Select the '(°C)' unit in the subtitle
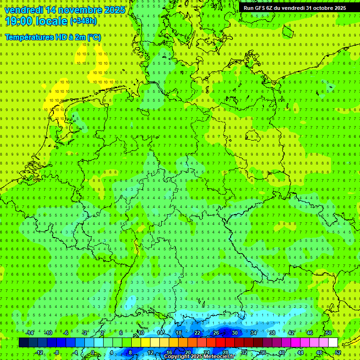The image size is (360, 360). pos(94,37)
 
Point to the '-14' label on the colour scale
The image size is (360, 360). pos(30,333)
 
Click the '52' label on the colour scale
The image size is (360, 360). pos(337,352)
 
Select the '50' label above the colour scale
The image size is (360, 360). pos(328,333)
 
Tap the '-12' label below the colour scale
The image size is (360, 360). pos(39,352)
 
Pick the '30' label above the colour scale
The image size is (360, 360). pos(234,333)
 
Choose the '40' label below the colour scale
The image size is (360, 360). pos(281,352)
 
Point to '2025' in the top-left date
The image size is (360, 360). pos(114,9)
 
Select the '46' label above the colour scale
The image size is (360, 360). pos(309,333)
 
